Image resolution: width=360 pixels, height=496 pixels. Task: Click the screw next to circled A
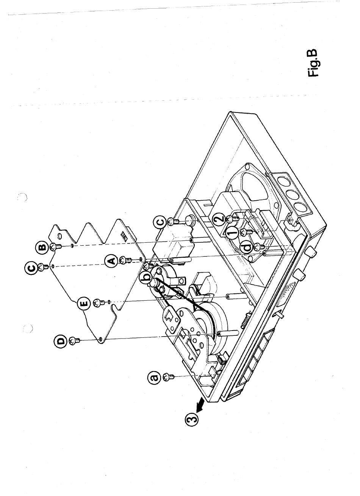126,260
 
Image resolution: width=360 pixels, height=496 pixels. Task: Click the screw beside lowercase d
260,246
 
